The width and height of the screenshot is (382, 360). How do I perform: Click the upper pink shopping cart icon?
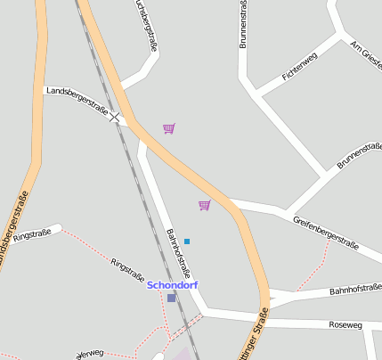coord(169,128)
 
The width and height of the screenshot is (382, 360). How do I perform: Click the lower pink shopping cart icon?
coord(205,206)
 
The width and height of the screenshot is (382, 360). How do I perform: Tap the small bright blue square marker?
coord(187,241)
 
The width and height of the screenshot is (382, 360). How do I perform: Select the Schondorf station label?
coord(172,285)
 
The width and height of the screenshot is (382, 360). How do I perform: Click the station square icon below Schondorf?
coord(172,298)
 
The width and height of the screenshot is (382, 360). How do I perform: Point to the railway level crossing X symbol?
coord(115,118)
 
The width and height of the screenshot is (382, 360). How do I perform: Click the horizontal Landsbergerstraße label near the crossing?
coord(77,99)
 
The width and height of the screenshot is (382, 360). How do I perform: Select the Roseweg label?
coord(345,325)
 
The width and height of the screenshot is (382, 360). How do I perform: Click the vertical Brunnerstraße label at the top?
coord(243,24)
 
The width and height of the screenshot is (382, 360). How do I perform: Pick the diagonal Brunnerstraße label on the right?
coord(359,153)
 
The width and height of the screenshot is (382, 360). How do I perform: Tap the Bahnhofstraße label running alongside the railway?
coord(179,253)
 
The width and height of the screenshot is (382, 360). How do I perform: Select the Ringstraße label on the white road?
coord(32,235)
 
